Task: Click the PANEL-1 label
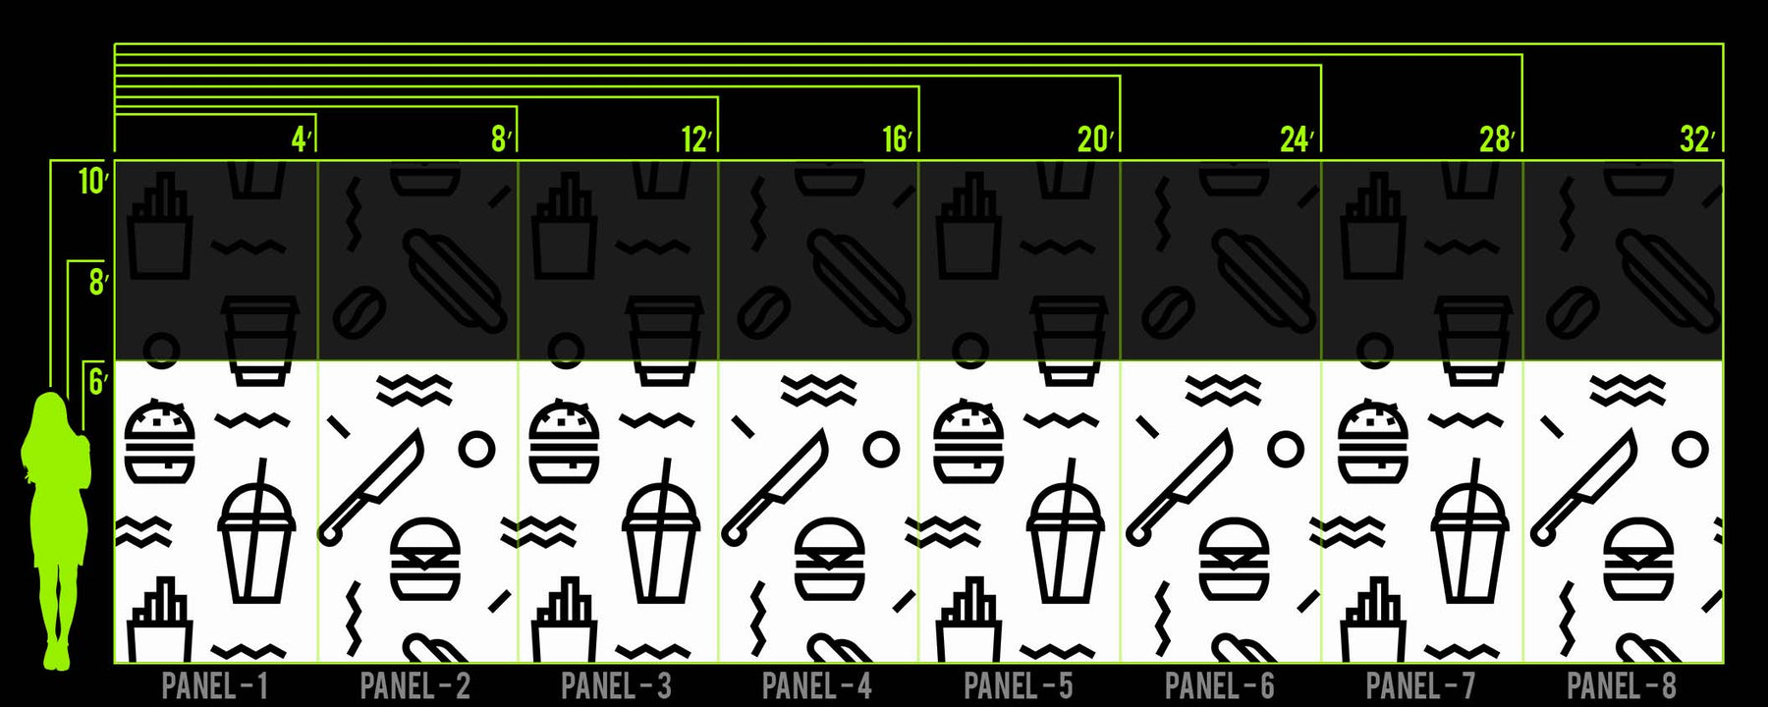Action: click(215, 685)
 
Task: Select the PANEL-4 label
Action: click(817, 685)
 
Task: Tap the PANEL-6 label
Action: click(1220, 685)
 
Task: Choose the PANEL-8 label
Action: click(1622, 685)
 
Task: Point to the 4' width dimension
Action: click(302, 139)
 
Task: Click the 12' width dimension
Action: click(696, 139)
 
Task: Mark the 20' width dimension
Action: click(1096, 139)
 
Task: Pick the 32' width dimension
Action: click(1698, 139)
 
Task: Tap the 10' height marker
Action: click(93, 182)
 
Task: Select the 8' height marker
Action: click(98, 283)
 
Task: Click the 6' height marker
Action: click(98, 381)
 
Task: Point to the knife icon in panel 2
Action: click(370, 487)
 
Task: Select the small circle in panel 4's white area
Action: click(881, 450)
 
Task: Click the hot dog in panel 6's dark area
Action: click(1263, 281)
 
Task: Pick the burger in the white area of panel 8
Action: click(1638, 560)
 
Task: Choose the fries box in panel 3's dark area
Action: click(564, 227)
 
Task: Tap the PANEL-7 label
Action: click(1420, 685)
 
